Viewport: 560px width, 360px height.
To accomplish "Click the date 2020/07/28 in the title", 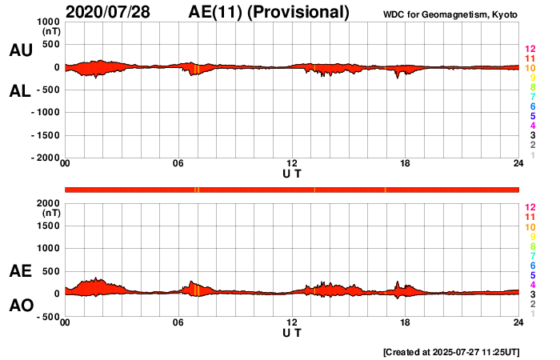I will click(x=114, y=12).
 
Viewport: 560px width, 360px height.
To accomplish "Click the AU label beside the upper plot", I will click(x=20, y=50).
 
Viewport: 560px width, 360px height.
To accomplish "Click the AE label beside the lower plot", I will click(x=20, y=271).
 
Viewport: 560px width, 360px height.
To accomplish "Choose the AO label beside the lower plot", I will click(x=20, y=306).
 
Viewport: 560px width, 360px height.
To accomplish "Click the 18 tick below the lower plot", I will click(x=405, y=323).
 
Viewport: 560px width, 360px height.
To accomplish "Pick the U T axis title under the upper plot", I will click(x=292, y=173).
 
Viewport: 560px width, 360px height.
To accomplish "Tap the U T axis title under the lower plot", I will click(x=292, y=331).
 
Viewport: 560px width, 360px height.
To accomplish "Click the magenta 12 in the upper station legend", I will click(x=529, y=50).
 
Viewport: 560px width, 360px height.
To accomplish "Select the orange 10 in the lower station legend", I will click(x=529, y=226).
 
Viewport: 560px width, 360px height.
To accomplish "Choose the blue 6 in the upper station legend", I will click(x=531, y=106).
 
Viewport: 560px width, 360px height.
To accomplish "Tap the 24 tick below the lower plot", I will click(x=518, y=323).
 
